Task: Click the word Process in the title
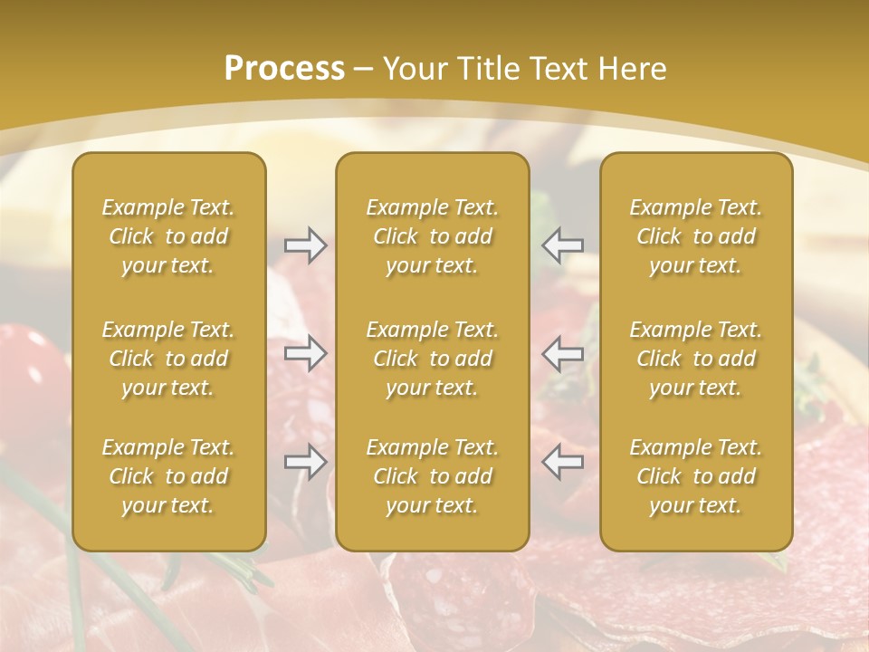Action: tap(284, 69)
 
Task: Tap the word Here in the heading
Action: tap(630, 69)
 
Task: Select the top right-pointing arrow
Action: tap(305, 245)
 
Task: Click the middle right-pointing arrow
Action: tap(305, 353)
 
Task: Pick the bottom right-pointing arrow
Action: tap(305, 462)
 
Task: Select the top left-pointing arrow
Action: tap(562, 245)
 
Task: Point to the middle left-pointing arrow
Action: tap(562, 353)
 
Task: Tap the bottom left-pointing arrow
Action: tap(562, 462)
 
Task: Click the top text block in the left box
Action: tap(168, 236)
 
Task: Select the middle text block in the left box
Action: tap(168, 359)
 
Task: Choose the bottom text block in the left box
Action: tap(168, 476)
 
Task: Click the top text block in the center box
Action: tap(432, 236)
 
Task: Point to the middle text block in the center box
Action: tap(432, 359)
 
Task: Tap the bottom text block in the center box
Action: tap(432, 476)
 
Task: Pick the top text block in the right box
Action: tap(695, 236)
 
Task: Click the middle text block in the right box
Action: tap(695, 359)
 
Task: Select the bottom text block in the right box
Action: tap(695, 476)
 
